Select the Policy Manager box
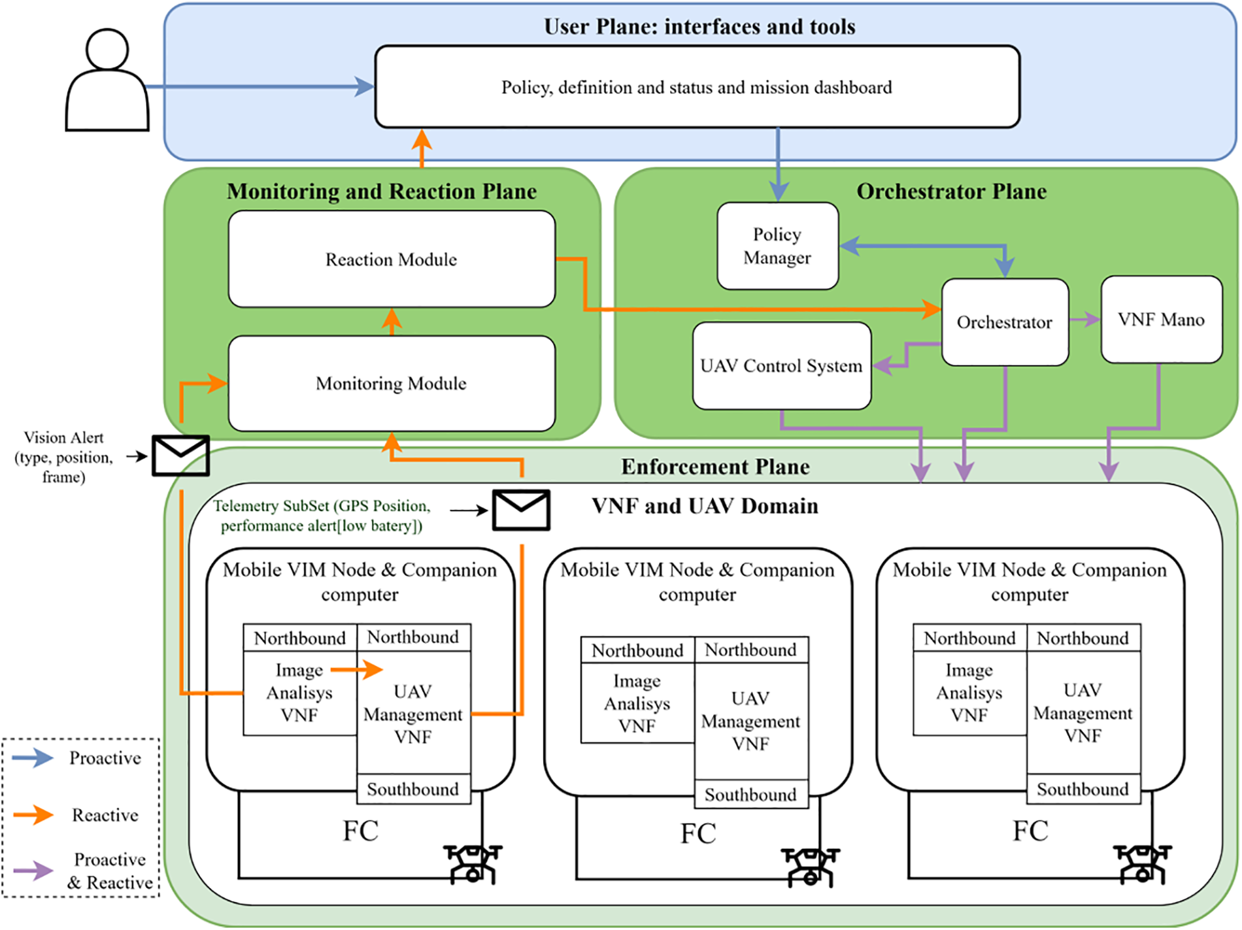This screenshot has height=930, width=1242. click(777, 246)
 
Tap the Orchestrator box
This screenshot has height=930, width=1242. click(1005, 322)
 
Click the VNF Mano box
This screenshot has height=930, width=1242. click(1161, 320)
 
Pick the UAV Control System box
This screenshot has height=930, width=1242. click(781, 366)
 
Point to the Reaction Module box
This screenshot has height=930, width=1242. click(392, 259)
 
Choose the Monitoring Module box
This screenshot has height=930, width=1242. click(392, 384)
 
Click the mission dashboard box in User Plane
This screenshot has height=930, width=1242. click(697, 87)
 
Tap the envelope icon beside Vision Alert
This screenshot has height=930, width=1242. click(180, 456)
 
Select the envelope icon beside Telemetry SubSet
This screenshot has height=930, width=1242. click(521, 510)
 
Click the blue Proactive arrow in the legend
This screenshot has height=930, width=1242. click(33, 758)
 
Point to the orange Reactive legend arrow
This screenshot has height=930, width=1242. click(33, 815)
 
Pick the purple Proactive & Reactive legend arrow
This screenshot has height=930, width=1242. click(33, 871)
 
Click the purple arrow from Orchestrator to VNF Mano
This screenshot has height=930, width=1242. click(1085, 320)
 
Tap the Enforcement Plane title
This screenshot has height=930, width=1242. click(715, 467)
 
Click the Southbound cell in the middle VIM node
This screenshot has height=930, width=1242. click(750, 795)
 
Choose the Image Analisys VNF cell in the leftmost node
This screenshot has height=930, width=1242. click(299, 693)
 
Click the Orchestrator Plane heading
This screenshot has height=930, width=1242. click(951, 191)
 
